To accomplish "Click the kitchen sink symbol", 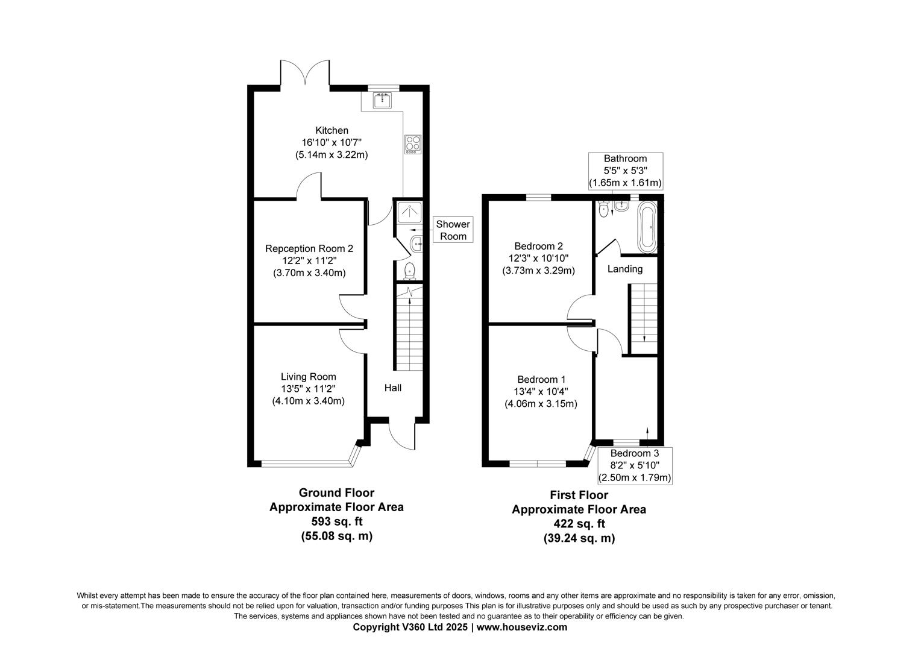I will pos(382,101).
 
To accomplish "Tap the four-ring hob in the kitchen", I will pos(413,143).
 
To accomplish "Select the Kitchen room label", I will pos(332,130).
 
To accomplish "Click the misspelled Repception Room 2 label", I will pos(309,248).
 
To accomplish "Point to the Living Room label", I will pos(309,377).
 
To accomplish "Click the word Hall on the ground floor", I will pos(393,388).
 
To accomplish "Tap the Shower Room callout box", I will pos(453,230).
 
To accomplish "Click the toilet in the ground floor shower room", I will pos(410,271).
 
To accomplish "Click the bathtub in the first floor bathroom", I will pos(647,228).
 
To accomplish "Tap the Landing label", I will pos(624,269).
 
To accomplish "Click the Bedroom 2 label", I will pos(538,246).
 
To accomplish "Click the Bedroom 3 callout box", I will pos(634,465).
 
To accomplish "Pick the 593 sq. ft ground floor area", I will pos(336,521).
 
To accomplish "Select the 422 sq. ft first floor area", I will pos(579,524).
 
